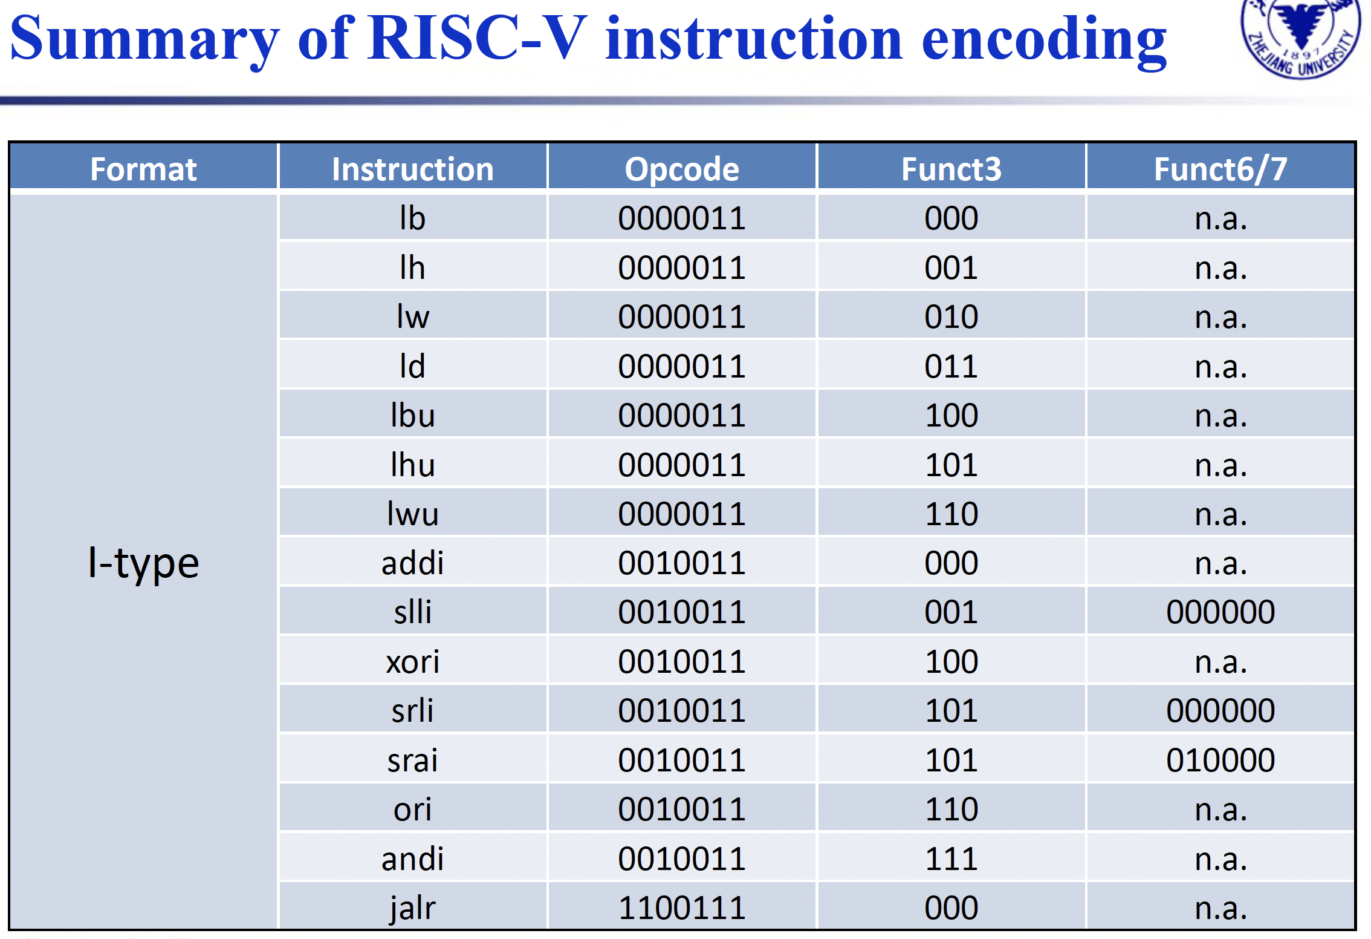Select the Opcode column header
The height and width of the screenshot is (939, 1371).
[682, 169]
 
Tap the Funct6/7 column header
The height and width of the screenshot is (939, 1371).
[1220, 169]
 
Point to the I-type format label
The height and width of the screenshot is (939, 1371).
[143, 563]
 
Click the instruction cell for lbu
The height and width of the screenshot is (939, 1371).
[413, 416]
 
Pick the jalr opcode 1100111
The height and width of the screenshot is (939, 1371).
[682, 908]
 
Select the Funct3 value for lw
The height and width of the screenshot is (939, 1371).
[951, 317]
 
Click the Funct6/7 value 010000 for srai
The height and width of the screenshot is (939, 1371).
[1220, 760]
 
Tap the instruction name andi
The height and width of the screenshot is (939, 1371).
[413, 859]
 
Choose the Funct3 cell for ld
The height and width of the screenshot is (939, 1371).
[951, 366]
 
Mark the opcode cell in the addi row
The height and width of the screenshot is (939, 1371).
[682, 563]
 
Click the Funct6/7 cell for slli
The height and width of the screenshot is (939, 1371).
[1220, 612]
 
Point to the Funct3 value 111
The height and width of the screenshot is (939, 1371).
[951, 859]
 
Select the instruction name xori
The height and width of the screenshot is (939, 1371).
[413, 661]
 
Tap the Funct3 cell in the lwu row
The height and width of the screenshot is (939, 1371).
[951, 514]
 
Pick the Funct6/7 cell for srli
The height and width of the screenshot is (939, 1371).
[1220, 711]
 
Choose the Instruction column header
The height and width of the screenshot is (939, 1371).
[413, 169]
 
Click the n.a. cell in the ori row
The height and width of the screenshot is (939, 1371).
[1220, 810]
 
